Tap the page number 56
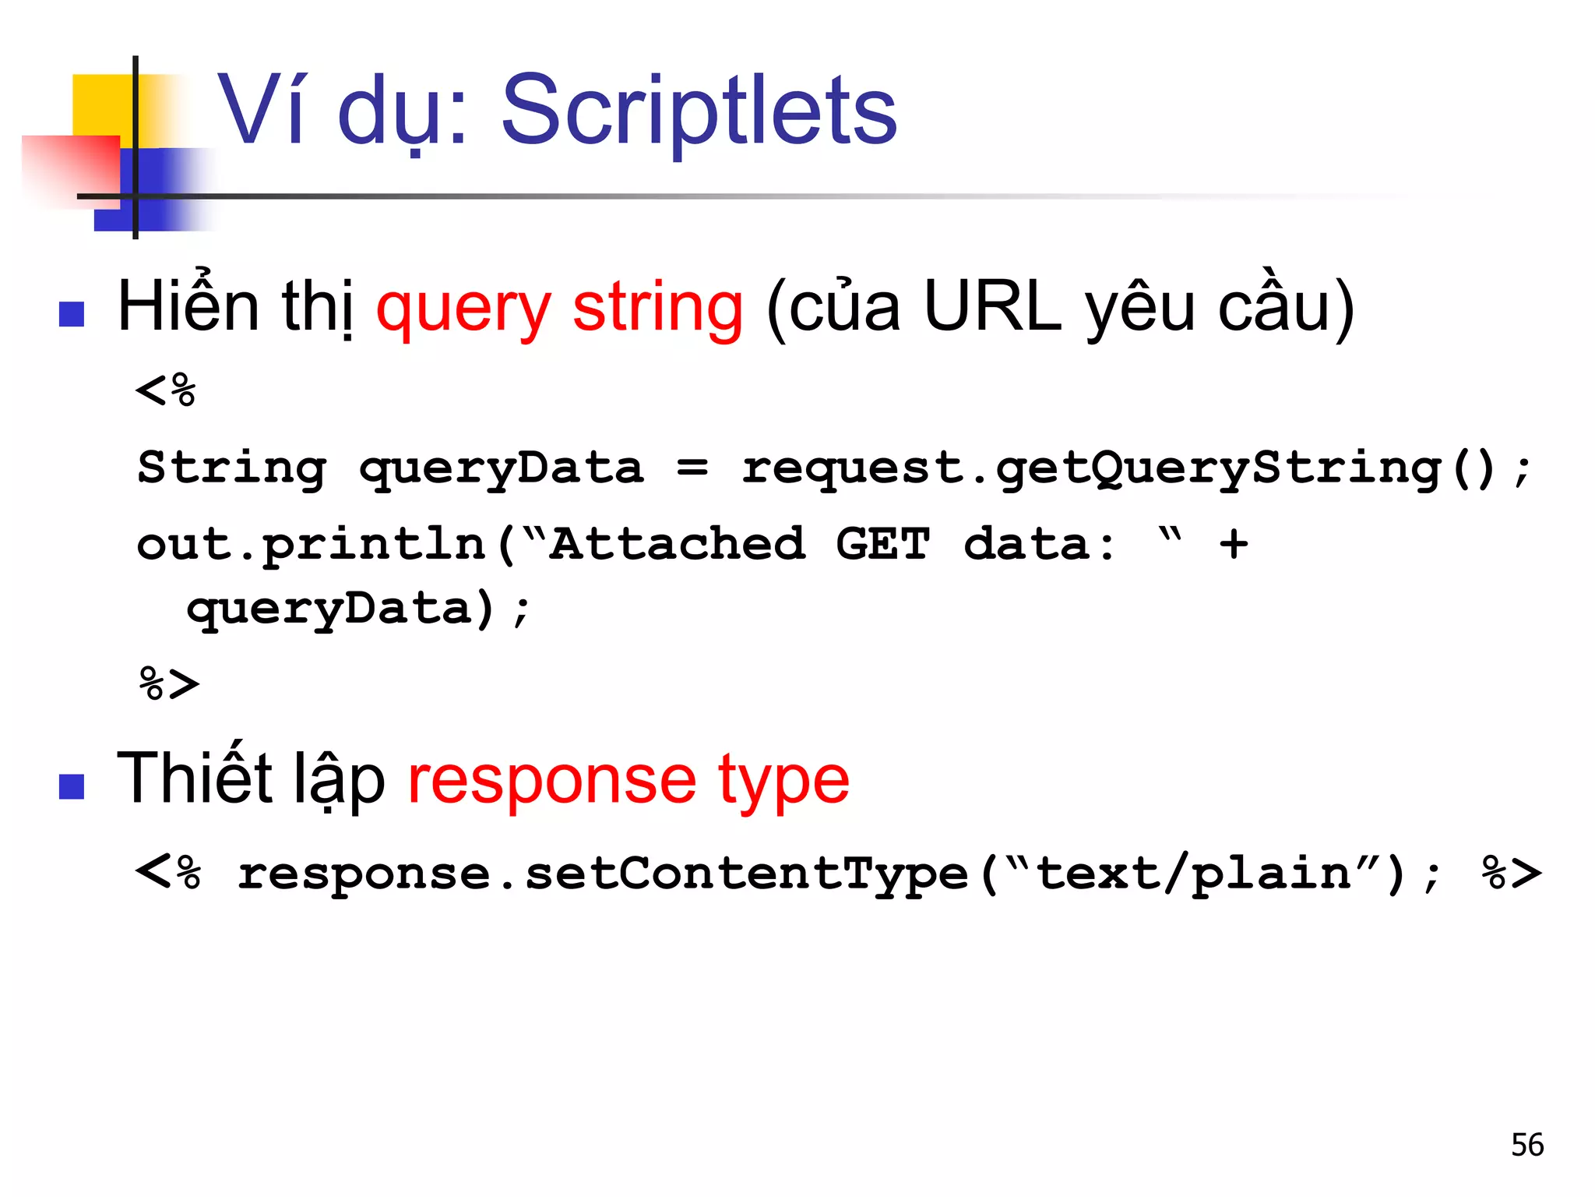(1526, 1145)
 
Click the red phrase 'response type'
(628, 779)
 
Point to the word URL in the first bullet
(992, 306)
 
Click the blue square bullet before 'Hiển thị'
(72, 314)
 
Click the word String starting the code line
(231, 469)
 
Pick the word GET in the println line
(882, 543)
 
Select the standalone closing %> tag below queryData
(169, 683)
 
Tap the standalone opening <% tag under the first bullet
(166, 390)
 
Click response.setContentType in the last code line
(602, 874)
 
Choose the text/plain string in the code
(1193, 874)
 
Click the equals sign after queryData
(692, 468)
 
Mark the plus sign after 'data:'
(1234, 543)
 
